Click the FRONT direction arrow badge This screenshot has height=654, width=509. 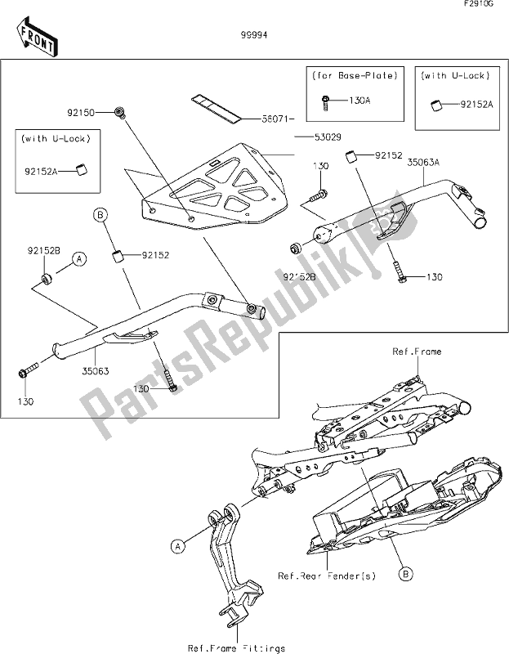click(x=35, y=36)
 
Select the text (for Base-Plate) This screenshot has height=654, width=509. click(x=355, y=76)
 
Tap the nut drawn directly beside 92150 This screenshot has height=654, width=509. click(x=120, y=110)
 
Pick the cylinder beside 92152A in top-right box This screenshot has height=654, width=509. click(x=435, y=105)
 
